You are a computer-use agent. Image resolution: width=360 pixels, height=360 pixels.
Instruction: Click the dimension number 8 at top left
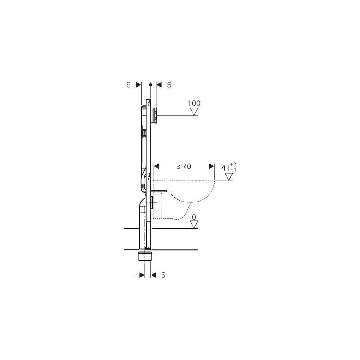pyautogui.click(x=129, y=85)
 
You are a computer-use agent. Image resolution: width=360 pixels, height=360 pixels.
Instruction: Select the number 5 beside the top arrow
pyautogui.click(x=169, y=85)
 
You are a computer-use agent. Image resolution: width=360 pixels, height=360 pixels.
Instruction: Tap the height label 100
pyautogui.click(x=194, y=103)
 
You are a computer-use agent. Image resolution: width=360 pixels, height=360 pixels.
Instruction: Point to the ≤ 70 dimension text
pyautogui.click(x=184, y=166)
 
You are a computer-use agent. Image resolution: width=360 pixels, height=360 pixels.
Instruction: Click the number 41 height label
pyautogui.click(x=225, y=168)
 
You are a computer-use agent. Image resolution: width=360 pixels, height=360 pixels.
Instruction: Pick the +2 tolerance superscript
pyautogui.click(x=233, y=164)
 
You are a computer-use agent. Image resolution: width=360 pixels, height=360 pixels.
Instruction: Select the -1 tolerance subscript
pyautogui.click(x=234, y=170)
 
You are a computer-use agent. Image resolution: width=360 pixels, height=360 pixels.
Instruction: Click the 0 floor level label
pyautogui.click(x=194, y=217)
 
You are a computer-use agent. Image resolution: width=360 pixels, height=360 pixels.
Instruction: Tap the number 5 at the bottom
pyautogui.click(x=163, y=275)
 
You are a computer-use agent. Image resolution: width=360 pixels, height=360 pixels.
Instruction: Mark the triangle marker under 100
pyautogui.click(x=194, y=112)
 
